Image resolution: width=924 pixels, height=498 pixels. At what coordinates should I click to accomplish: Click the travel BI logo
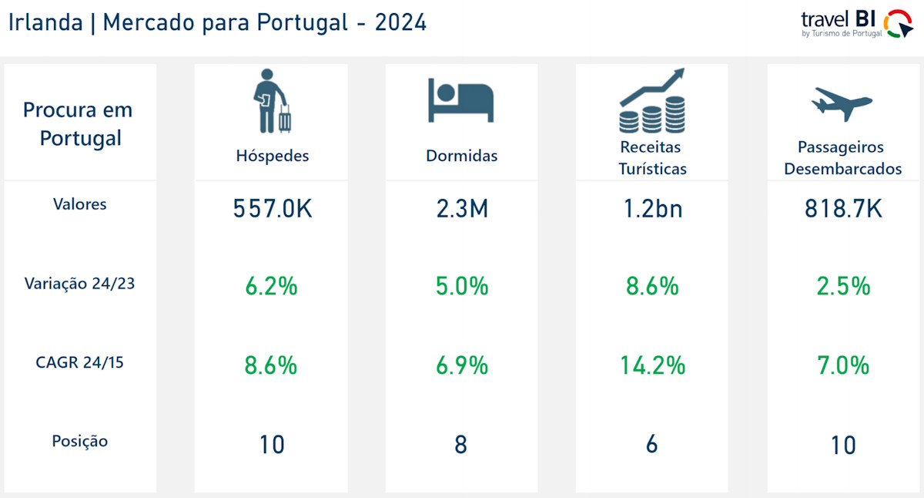point(855,23)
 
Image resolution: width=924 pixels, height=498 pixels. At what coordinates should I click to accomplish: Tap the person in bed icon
point(460,100)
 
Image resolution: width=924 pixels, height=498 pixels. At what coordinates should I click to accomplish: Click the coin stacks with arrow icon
point(652,101)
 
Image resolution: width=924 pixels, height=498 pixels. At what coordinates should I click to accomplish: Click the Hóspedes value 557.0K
point(272,209)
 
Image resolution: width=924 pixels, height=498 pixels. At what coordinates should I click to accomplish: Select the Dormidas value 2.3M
point(461,209)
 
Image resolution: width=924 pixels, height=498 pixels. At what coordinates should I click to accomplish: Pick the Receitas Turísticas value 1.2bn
point(652,209)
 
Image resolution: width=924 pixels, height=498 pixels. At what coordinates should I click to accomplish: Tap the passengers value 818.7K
point(843,209)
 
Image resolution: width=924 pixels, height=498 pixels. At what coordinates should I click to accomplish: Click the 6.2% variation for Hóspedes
point(271,287)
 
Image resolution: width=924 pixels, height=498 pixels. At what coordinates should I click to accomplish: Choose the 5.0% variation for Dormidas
point(461,287)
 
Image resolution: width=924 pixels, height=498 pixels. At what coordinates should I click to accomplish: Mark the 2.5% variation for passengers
point(843,287)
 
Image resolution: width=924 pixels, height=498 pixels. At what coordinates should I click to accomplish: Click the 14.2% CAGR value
point(652,365)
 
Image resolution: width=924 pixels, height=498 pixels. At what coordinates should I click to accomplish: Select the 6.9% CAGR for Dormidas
point(461,365)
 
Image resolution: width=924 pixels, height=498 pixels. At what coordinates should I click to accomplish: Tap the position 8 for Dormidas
point(460,445)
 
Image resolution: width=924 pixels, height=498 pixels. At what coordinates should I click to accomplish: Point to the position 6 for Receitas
point(651,445)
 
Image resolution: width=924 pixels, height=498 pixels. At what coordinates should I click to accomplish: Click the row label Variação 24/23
point(80,283)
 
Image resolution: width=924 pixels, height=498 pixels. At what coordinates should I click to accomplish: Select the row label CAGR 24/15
point(80,362)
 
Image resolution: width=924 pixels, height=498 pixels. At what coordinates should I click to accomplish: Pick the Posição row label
point(80,442)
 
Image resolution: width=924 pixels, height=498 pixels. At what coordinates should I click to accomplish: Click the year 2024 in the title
point(400,22)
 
